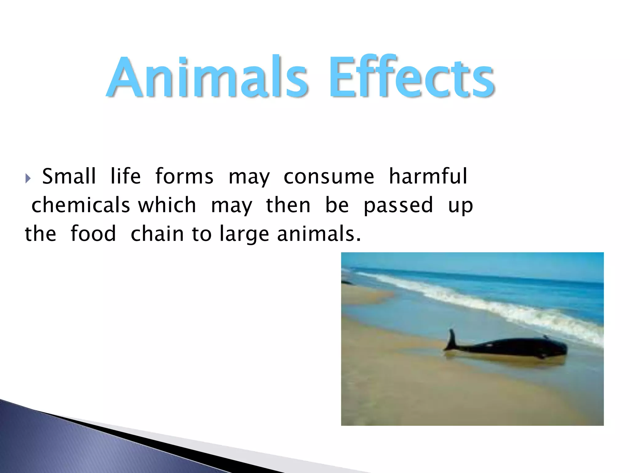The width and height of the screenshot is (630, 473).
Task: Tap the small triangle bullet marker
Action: (28, 178)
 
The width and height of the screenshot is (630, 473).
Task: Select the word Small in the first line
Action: (69, 176)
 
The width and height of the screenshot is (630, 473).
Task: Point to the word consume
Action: (329, 176)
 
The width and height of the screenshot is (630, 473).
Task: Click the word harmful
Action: (428, 176)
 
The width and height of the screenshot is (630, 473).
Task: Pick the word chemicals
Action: (81, 205)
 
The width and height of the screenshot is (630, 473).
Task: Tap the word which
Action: (167, 205)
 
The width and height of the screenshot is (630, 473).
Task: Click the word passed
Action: (398, 205)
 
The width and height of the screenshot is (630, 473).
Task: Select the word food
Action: (93, 234)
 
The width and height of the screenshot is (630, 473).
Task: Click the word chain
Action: (157, 234)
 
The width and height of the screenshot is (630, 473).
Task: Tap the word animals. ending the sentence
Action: (319, 234)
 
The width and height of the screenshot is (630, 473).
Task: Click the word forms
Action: (184, 176)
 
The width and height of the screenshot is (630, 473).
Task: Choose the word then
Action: (288, 205)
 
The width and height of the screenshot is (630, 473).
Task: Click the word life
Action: (126, 176)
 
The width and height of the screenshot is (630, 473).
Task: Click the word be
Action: (337, 205)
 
